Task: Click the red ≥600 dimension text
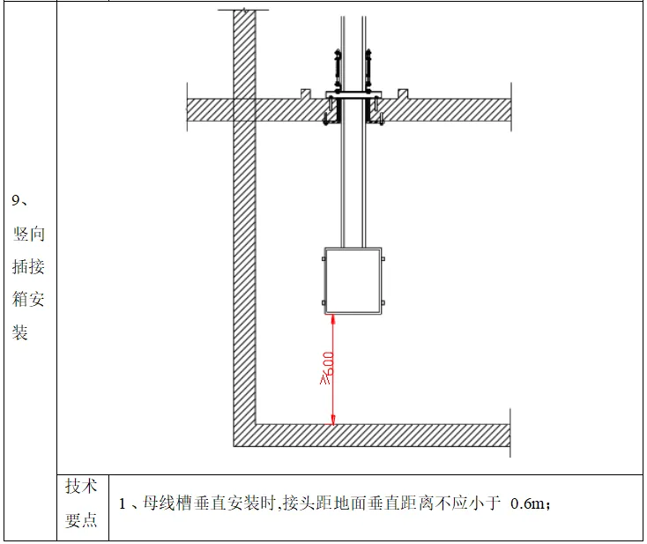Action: pyautogui.click(x=326, y=368)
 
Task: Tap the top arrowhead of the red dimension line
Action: pyautogui.click(x=333, y=319)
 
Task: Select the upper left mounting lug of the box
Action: pyautogui.click(x=323, y=257)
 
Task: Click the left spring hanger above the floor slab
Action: pyautogui.click(x=335, y=66)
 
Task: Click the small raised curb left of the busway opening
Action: pyautogui.click(x=304, y=93)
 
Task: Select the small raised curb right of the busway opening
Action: pyautogui.click(x=402, y=93)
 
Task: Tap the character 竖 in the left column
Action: pyautogui.click(x=20, y=234)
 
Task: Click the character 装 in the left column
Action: pyautogui.click(x=20, y=333)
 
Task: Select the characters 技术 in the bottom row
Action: pyautogui.click(x=81, y=486)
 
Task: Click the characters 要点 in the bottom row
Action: pyautogui.click(x=81, y=519)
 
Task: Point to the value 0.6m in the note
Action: pyautogui.click(x=528, y=503)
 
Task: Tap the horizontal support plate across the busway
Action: pyautogui.click(x=353, y=93)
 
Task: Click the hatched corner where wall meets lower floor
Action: pyautogui.click(x=244, y=436)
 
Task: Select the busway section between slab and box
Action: pyautogui.click(x=353, y=185)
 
